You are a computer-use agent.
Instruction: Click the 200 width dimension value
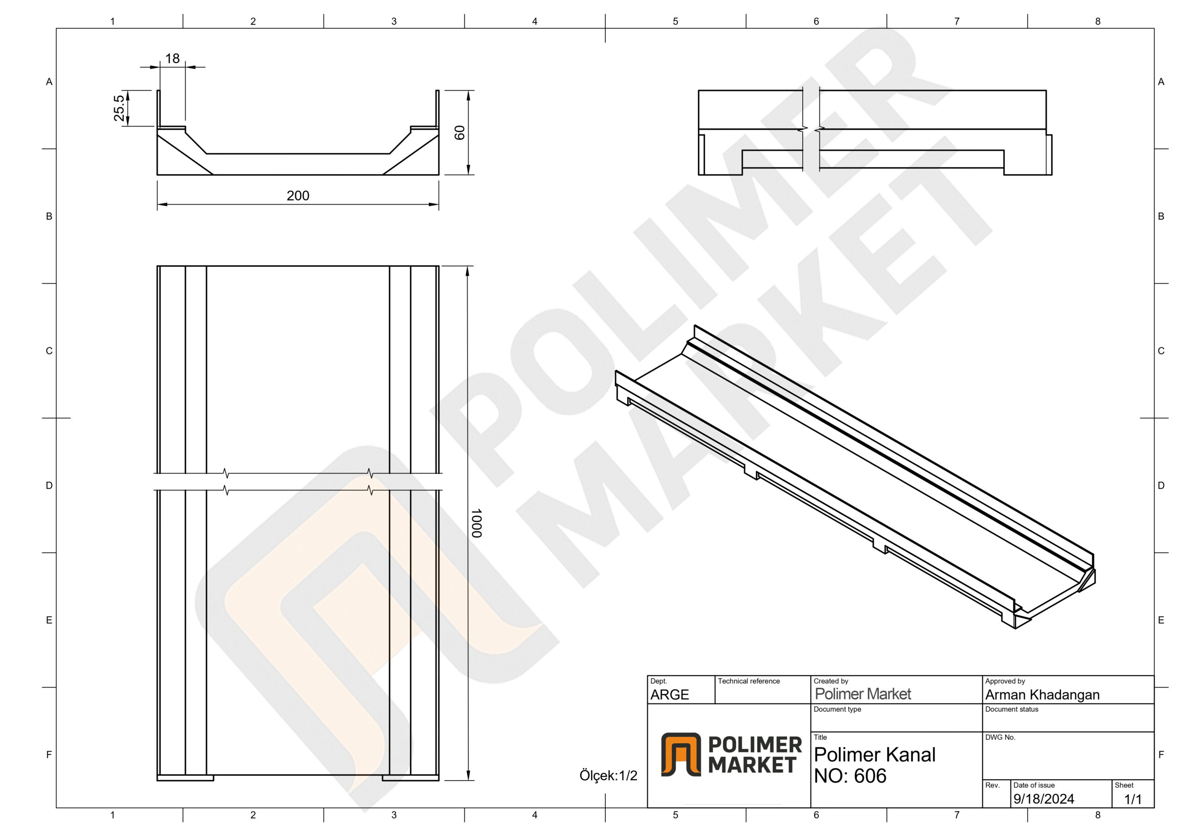(x=298, y=196)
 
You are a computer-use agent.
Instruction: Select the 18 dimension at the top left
(x=173, y=58)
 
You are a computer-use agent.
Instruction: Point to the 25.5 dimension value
(x=119, y=108)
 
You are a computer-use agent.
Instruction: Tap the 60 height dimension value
(x=460, y=133)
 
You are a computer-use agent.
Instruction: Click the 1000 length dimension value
(x=476, y=523)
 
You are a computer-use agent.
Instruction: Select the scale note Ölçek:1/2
(x=608, y=775)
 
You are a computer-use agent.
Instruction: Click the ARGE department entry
(x=669, y=695)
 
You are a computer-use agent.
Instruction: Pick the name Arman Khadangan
(x=1043, y=695)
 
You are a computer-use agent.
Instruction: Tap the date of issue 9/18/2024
(x=1043, y=799)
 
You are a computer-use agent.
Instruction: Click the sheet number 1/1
(x=1133, y=800)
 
